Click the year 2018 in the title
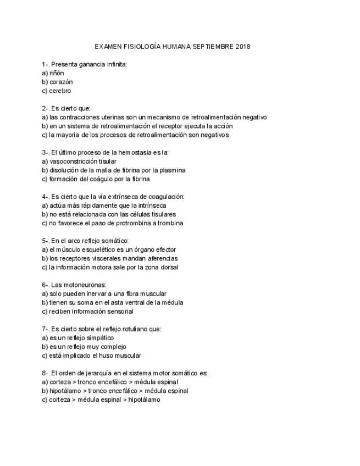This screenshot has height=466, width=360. pyautogui.click(x=242, y=47)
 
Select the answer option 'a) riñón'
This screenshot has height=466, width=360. pyautogui.click(x=53, y=73)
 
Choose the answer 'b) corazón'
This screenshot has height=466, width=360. pyautogui.click(x=57, y=82)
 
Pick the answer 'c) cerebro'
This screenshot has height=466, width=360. pyautogui.click(x=56, y=91)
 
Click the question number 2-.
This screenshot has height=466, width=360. pyautogui.click(x=46, y=108)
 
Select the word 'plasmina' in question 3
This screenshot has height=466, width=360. pyautogui.click(x=173, y=170)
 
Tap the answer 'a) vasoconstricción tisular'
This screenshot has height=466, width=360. pyautogui.click(x=79, y=161)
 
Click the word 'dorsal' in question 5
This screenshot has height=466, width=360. pyautogui.click(x=168, y=267)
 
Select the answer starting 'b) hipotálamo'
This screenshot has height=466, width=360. pyautogui.click(x=115, y=391)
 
